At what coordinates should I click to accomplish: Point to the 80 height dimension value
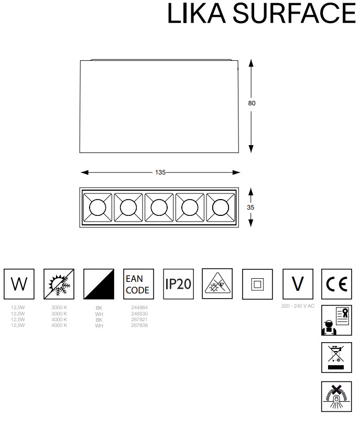pos(252,103)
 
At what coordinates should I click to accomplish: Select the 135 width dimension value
pos(160,172)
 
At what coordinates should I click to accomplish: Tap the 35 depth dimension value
pos(250,207)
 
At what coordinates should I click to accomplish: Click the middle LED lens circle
pos(158,208)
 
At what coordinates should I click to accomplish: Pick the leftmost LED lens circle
pos(97,208)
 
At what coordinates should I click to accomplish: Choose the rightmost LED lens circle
pos(220,208)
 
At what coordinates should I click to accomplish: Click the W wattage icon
pos(19,285)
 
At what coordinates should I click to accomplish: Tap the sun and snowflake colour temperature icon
pos(59,285)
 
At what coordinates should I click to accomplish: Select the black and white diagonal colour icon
pos(99,285)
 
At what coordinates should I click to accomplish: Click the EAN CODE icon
pos(138,285)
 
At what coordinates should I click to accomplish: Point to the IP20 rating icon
pos(178,285)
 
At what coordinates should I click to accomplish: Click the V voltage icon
pos(297,285)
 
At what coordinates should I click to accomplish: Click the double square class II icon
pos(257,285)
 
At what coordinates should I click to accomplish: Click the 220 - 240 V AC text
pos(298,306)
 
